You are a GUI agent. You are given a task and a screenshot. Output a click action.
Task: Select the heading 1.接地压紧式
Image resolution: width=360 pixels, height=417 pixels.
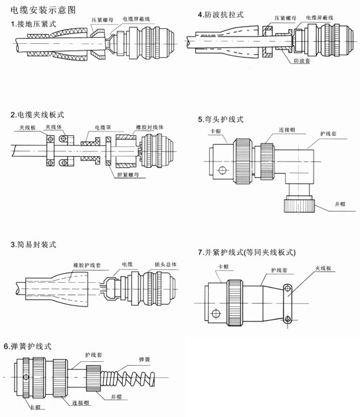(33, 24)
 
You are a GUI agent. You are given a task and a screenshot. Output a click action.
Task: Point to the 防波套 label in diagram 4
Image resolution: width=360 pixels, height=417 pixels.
(301, 61)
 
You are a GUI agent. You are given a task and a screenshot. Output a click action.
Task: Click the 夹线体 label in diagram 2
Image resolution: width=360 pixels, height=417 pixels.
(54, 127)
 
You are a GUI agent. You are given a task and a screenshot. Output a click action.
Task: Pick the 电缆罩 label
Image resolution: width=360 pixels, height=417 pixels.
(103, 127)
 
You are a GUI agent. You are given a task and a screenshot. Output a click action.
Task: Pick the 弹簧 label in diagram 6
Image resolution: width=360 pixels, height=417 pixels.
(144, 359)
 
